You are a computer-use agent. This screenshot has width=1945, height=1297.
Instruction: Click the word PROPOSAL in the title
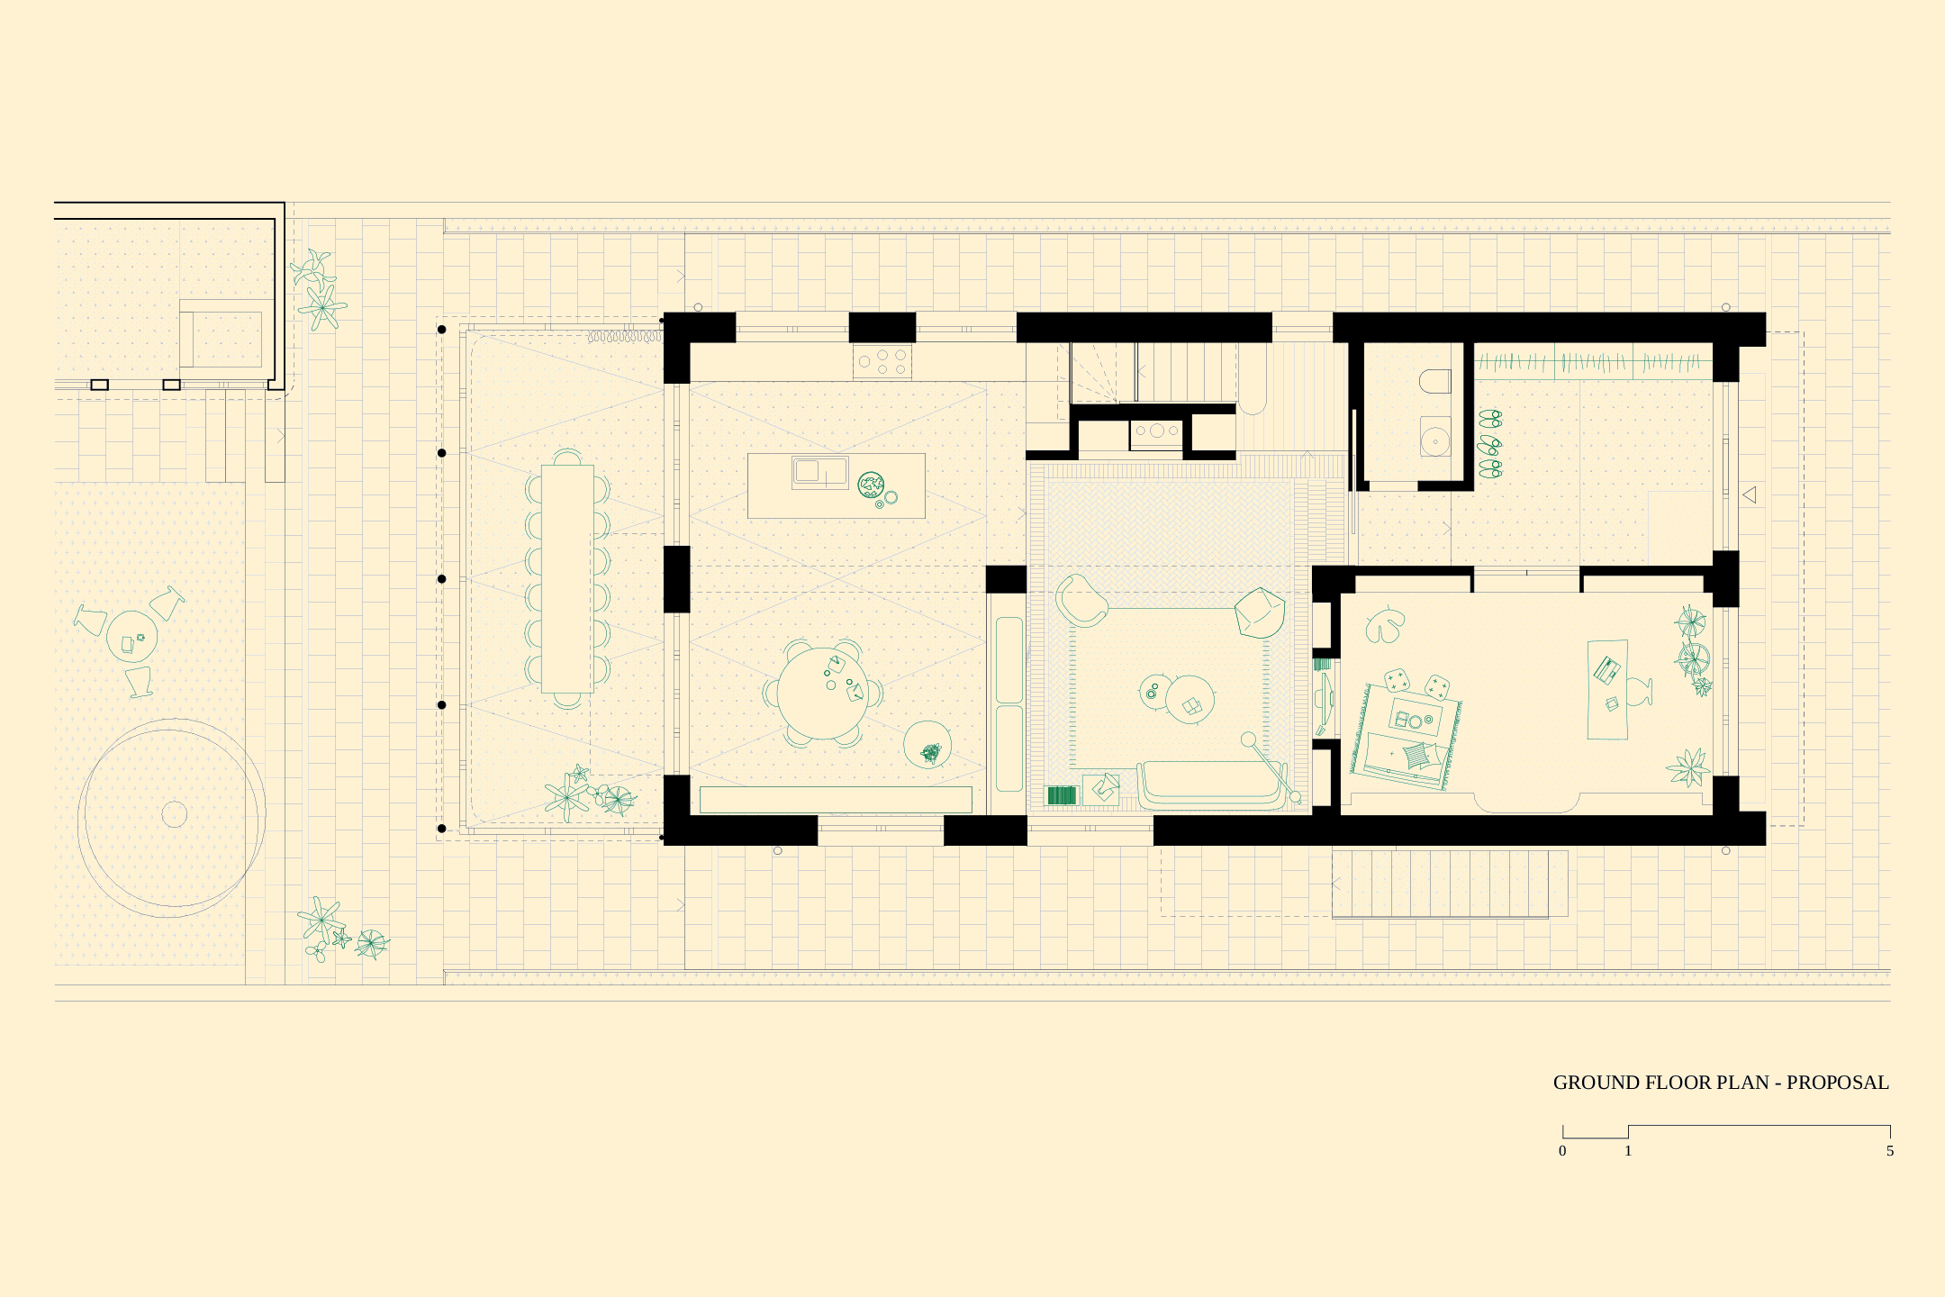[x=1837, y=1083]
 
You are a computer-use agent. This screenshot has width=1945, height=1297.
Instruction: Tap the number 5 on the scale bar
[x=1890, y=1151]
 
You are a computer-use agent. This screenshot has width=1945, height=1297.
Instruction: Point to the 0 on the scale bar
[x=1562, y=1151]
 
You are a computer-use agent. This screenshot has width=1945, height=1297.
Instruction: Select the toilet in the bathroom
[x=1435, y=382]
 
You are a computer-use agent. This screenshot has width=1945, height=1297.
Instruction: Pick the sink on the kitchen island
[x=819, y=472]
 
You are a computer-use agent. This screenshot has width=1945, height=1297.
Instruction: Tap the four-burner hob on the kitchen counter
[x=882, y=362]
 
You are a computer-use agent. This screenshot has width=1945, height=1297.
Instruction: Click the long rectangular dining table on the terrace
[x=567, y=578]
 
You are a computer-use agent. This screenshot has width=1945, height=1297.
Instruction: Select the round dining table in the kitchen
[x=823, y=693]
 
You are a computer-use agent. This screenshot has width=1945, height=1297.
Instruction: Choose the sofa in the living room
[x=1212, y=785]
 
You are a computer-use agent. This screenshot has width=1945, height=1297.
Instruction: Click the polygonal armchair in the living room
[x=1260, y=612]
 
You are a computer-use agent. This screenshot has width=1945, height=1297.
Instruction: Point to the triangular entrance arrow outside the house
[x=1750, y=494]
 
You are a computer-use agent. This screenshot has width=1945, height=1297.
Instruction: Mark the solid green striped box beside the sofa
[x=1062, y=795]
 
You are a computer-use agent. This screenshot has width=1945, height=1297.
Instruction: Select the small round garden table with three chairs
[x=131, y=637]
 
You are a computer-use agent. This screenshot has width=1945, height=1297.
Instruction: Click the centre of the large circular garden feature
[x=174, y=814]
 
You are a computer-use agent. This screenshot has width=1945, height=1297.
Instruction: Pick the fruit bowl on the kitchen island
[x=871, y=485]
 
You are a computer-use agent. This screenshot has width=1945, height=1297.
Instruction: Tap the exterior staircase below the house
[x=1450, y=884]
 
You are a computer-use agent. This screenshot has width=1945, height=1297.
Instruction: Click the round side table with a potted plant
[x=927, y=745]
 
